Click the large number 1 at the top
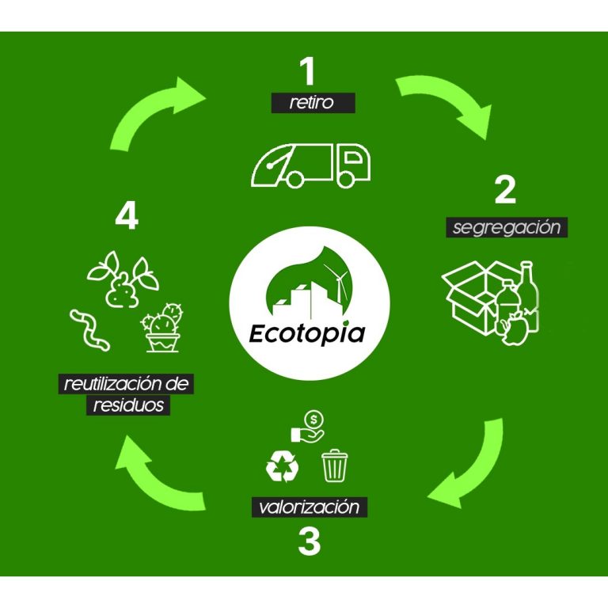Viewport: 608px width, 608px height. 307,71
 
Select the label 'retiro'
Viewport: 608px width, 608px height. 312,103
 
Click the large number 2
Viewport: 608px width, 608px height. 505,190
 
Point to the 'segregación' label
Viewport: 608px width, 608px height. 507,227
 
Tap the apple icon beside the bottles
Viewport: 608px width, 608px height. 515,329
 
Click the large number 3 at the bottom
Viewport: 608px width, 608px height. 310,541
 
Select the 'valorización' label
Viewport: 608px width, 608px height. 309,507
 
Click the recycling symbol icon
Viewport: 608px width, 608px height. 283,465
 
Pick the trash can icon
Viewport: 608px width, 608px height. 335,465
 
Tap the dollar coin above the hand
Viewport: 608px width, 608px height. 313,420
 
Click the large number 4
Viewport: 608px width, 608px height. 127,217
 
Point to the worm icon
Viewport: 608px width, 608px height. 89,330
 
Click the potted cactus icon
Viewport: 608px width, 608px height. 162,328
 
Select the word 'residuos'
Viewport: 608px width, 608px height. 128,405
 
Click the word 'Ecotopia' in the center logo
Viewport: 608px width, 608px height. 307,333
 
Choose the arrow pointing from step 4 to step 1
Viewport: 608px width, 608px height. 148,107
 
